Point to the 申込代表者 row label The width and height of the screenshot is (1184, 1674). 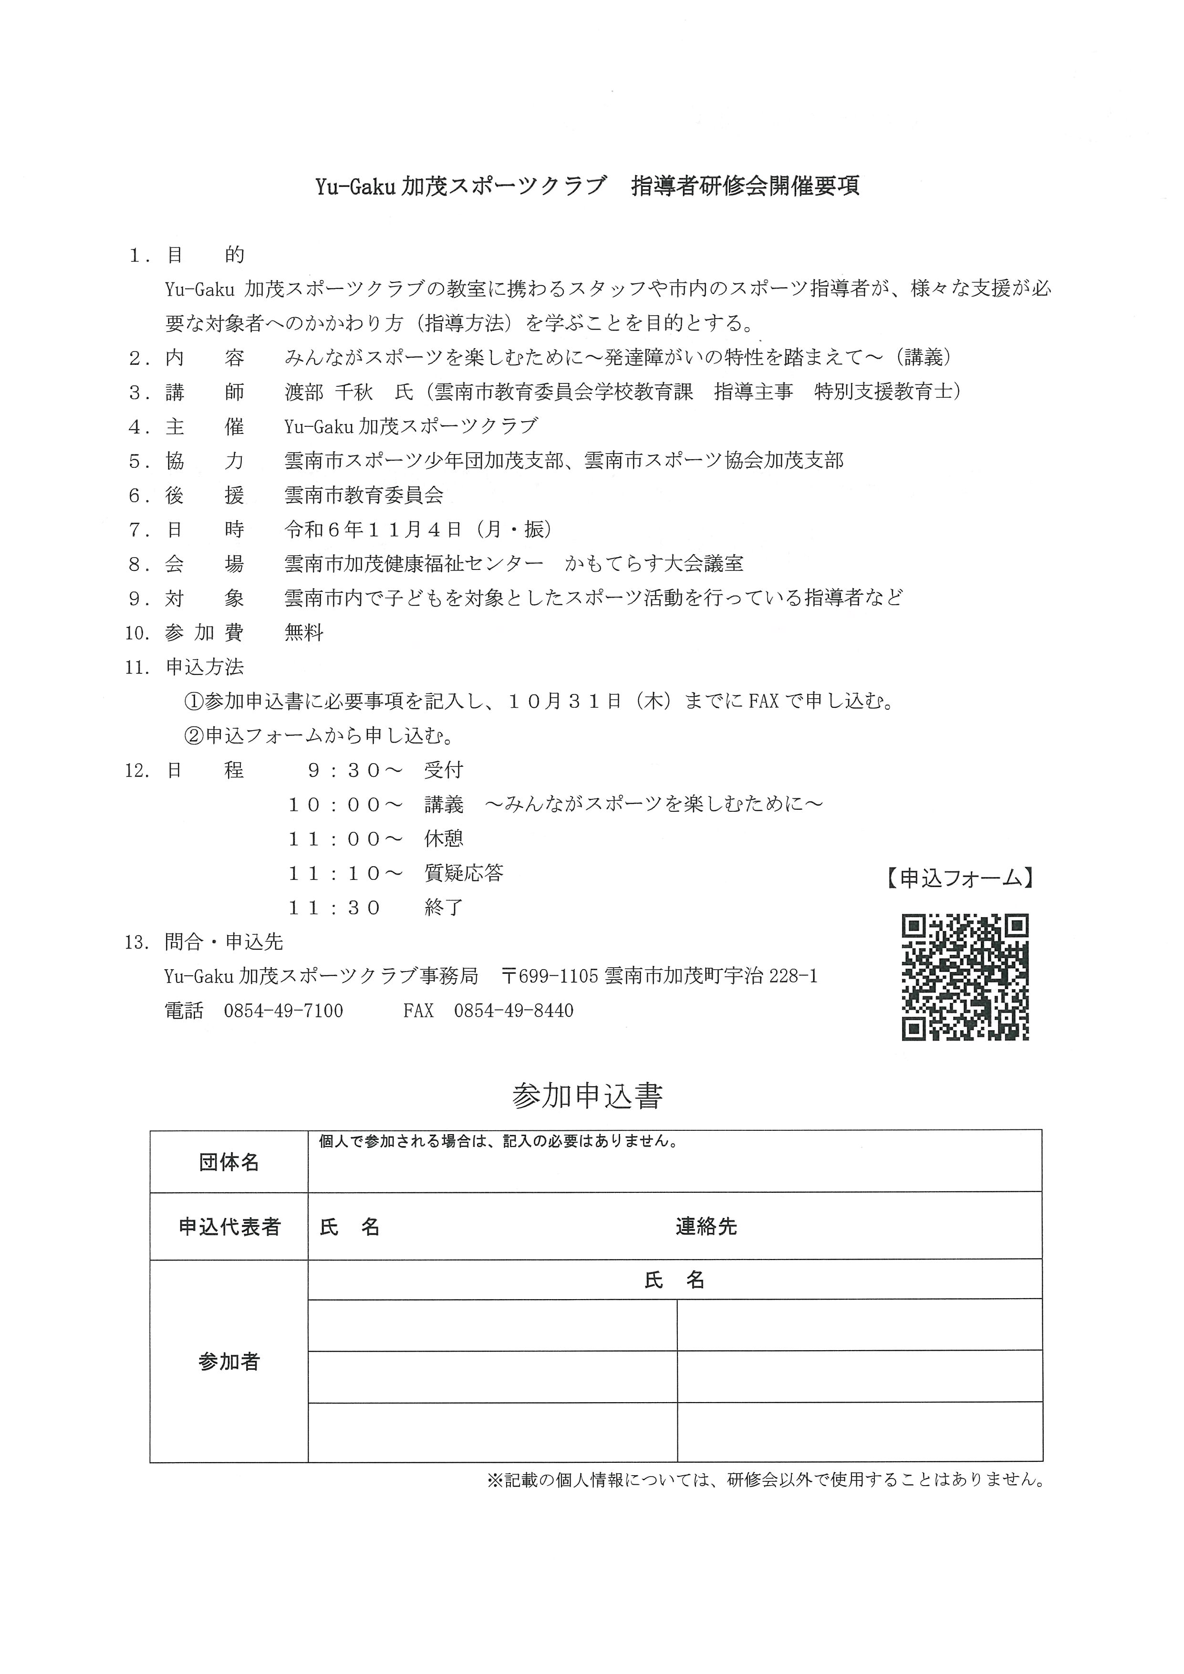pos(229,1227)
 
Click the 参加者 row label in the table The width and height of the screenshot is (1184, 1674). pos(229,1362)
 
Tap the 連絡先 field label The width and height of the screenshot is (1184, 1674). pos(706,1227)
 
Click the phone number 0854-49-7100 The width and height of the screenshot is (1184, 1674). pos(284,1011)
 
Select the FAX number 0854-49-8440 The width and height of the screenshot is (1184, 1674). pos(513,1011)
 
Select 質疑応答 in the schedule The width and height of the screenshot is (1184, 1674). pos(464,873)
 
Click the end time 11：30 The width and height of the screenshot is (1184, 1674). pos(335,908)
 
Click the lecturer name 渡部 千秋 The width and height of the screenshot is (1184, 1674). pos(329,392)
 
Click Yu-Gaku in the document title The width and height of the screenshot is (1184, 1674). pos(355,186)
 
